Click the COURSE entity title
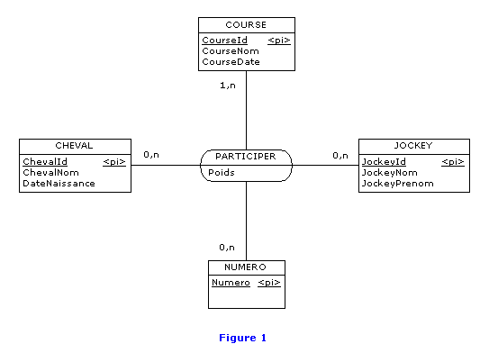[246, 25]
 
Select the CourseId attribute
[224, 41]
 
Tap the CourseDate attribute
[231, 62]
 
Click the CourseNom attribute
[231, 51]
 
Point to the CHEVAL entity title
[74, 146]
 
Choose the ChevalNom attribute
[50, 172]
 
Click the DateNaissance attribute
[59, 184]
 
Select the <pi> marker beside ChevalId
[114, 162]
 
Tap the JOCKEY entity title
[413, 146]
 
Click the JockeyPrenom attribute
[398, 184]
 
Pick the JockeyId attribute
[384, 162]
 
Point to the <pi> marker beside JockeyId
[453, 162]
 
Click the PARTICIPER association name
[246, 156]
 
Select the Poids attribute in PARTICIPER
[222, 172]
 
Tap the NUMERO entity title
[245, 267]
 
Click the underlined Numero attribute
[231, 283]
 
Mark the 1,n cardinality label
[228, 86]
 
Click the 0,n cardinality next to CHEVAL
[151, 154]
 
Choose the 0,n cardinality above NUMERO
[227, 248]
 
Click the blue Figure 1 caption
[242, 338]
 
